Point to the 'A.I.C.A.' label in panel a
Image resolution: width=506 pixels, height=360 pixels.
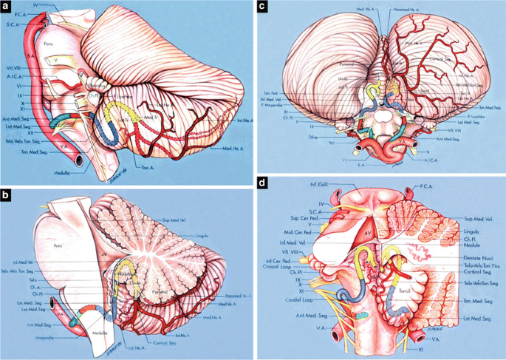click(16, 79)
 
